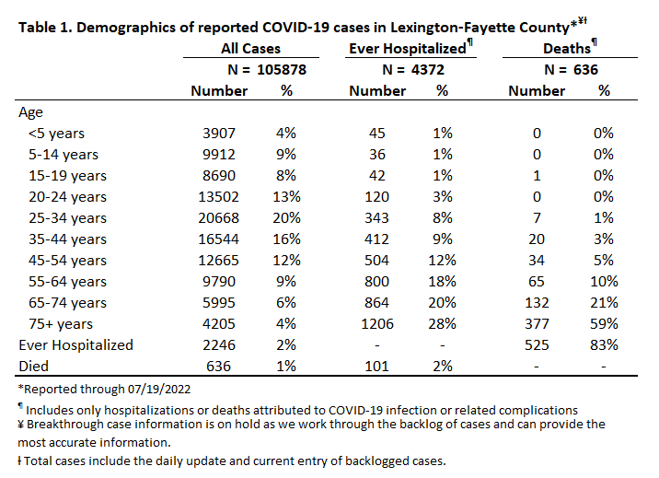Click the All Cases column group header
click(251, 48)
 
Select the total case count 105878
click(282, 69)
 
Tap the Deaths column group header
click(567, 48)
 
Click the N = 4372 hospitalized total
click(413, 69)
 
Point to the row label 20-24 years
click(67, 197)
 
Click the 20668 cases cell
click(218, 217)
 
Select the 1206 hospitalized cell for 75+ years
click(377, 323)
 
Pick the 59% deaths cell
click(604, 323)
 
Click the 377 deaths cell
click(537, 323)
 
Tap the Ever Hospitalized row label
click(76, 345)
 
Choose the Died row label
click(34, 367)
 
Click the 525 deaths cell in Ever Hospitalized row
click(537, 345)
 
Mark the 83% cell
click(604, 345)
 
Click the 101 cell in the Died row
click(377, 367)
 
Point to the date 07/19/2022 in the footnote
click(159, 389)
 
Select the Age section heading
click(30, 112)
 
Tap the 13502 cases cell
click(218, 197)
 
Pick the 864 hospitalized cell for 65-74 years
click(377, 303)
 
